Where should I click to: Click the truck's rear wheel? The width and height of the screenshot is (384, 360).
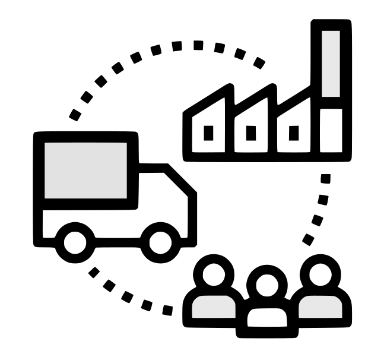click(75, 240)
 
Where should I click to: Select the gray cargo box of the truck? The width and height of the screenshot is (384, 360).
click(86, 170)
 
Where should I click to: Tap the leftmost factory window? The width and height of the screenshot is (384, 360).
click(208, 133)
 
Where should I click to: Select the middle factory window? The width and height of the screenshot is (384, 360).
click(250, 133)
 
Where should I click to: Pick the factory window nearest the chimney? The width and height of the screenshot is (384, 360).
click(292, 133)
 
